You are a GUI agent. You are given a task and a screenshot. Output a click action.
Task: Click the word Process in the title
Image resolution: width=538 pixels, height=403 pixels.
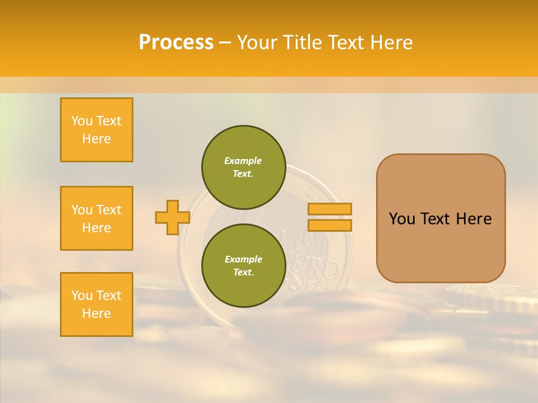coord(176,43)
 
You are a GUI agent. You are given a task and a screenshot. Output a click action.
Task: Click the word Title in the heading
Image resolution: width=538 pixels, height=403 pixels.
coord(303,43)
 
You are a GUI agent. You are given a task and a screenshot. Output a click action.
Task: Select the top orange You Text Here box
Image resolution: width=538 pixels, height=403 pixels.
coord(96,130)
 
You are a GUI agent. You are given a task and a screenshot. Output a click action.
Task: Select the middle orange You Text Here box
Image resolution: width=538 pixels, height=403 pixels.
coord(96,218)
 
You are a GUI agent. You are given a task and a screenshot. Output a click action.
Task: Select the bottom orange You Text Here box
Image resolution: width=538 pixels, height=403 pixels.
coord(96,304)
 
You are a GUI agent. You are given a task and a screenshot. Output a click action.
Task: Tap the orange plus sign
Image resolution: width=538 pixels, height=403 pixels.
coord(172,217)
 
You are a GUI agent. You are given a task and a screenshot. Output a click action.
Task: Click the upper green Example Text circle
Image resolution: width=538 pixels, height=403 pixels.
coord(243,167)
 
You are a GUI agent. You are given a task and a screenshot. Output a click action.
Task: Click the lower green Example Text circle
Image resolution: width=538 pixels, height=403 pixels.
coord(243,266)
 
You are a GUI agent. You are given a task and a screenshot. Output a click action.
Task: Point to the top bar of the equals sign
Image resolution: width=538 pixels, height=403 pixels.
coord(330,209)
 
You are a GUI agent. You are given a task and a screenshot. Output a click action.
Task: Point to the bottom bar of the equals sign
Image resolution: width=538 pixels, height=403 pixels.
coord(330,225)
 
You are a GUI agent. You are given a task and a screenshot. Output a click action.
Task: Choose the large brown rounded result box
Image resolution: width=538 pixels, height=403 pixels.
coord(440,218)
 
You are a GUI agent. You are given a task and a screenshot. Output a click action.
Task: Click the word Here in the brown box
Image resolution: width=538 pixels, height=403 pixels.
coord(474,219)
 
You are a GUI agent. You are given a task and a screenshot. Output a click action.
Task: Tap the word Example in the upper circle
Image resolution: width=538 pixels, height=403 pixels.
coord(243,161)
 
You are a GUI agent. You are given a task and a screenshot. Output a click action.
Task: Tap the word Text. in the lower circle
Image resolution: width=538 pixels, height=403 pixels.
coord(243,273)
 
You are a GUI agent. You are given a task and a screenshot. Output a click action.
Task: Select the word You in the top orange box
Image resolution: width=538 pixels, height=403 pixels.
coord(81,121)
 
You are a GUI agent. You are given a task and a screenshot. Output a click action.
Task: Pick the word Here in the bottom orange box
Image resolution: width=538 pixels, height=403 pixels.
coord(96,313)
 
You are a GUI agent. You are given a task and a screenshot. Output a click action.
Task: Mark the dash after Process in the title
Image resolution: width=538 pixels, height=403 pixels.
coord(225,43)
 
